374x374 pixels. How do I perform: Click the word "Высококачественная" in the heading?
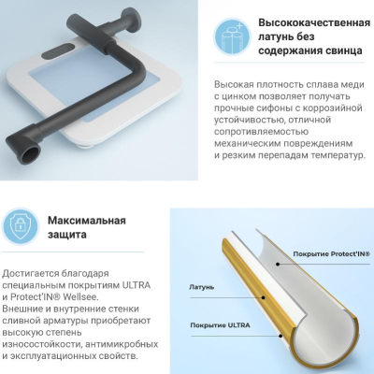[x=314, y=23]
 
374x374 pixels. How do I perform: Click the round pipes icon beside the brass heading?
[x=232, y=36]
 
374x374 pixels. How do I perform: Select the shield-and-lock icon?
[x=21, y=226]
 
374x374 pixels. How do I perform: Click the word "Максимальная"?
[x=87, y=221]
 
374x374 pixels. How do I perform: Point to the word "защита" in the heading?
[x=67, y=235]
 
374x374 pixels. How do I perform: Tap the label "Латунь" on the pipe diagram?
[x=201, y=287]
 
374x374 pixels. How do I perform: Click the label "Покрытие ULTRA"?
[x=220, y=325]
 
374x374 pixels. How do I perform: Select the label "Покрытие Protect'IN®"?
[x=332, y=254]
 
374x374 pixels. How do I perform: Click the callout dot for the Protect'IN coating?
[x=277, y=264]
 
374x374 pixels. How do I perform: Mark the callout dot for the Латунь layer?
[x=264, y=297]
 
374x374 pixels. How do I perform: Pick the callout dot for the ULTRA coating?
[x=280, y=336]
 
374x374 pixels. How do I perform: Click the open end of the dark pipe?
[x=32, y=154]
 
